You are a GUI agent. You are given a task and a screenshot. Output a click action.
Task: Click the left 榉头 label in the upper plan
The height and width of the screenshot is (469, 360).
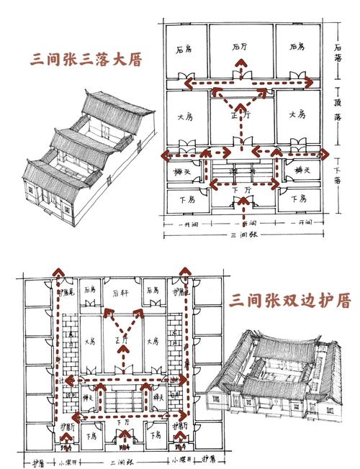181,170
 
